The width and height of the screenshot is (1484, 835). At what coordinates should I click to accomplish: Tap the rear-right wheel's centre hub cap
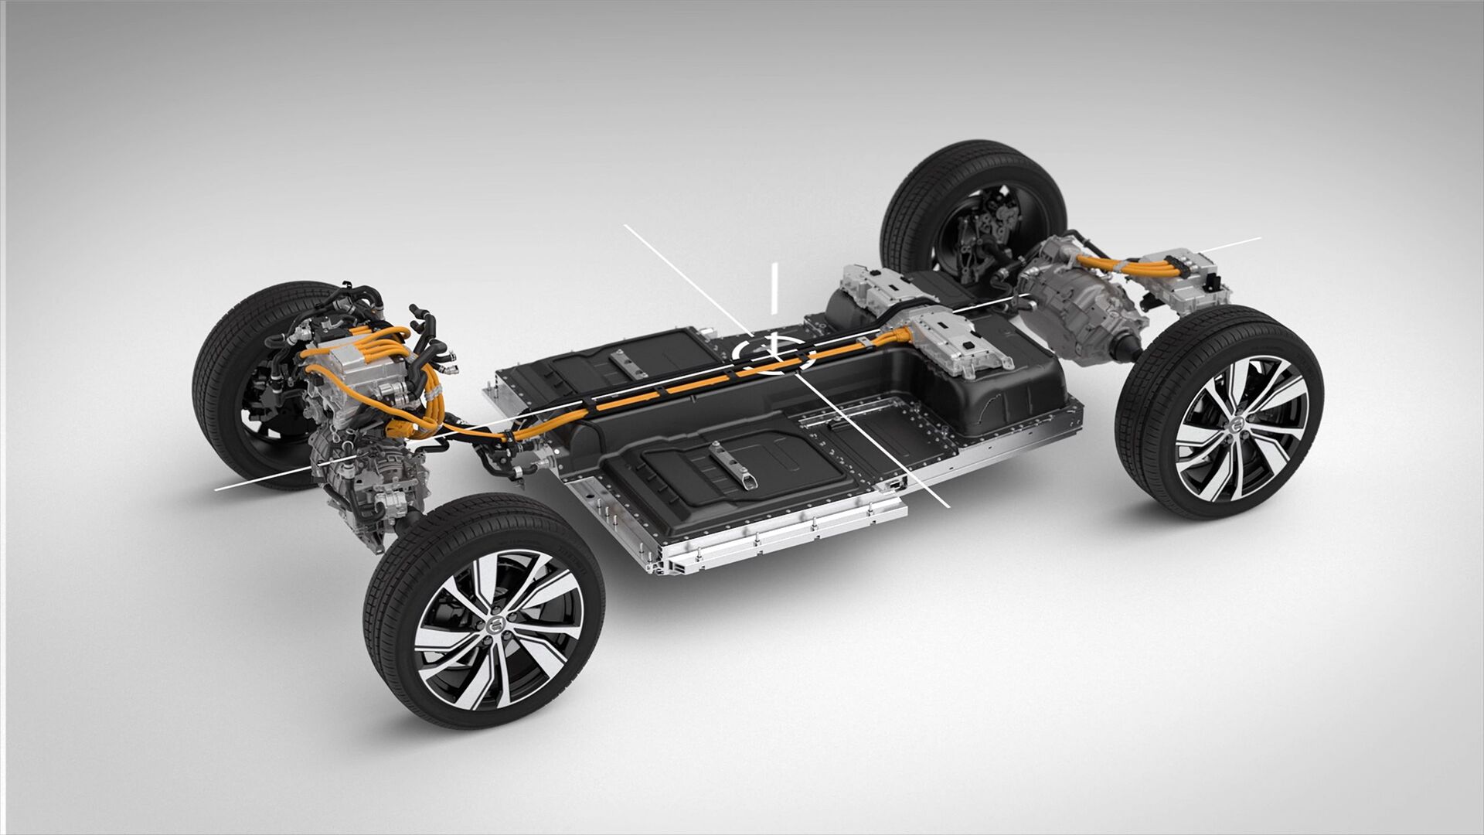point(1237,426)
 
